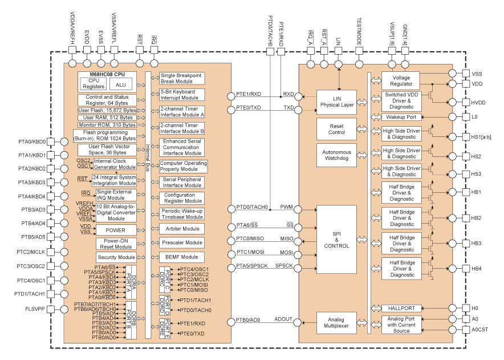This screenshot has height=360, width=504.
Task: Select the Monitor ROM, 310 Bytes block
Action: click(x=107, y=124)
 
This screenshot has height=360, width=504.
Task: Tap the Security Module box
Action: click(x=115, y=257)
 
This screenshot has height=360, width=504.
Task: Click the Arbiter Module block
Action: click(x=182, y=229)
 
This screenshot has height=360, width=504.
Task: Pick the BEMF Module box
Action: click(x=182, y=257)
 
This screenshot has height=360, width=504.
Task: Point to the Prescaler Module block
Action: click(x=182, y=243)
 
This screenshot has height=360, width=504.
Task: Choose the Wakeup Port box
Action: click(x=401, y=117)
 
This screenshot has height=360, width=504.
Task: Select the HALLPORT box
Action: click(x=401, y=308)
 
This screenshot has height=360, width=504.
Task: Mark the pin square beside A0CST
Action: click(x=452, y=329)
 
